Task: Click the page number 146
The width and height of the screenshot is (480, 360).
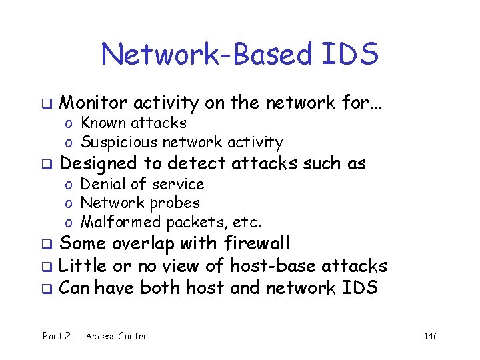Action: [x=431, y=336]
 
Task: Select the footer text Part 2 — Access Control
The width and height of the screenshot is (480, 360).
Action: [x=97, y=336]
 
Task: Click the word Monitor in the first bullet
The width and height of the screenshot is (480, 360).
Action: [x=93, y=103]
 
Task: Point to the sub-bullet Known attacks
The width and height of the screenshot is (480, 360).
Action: [x=133, y=123]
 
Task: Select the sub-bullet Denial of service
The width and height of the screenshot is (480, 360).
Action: [x=142, y=183]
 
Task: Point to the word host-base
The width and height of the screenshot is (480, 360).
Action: [x=273, y=266]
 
